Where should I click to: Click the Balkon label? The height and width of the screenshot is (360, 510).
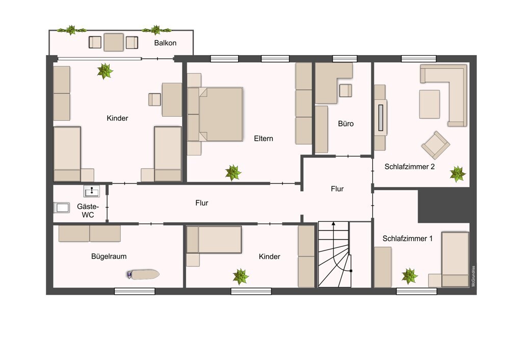(x=165, y=43)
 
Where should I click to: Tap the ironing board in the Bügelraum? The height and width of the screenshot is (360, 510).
(x=143, y=274)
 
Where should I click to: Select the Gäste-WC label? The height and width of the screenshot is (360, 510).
(x=88, y=211)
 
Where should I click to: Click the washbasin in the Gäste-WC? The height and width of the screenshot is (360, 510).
(x=92, y=191)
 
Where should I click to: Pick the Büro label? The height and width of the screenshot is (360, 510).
(x=346, y=123)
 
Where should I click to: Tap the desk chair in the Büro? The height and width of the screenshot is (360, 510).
(x=345, y=91)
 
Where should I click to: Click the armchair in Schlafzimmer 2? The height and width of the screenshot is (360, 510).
(x=436, y=145)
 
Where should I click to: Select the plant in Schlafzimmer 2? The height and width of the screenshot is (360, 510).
(x=457, y=174)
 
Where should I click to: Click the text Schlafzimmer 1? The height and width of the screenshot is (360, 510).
(x=407, y=239)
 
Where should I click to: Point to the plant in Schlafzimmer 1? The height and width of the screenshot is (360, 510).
(x=410, y=276)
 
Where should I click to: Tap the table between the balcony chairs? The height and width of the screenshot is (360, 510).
(x=114, y=42)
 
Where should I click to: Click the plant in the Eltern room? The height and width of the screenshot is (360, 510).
(x=233, y=173)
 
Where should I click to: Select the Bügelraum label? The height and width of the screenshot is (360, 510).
(x=109, y=256)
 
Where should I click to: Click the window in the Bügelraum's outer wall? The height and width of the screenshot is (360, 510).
(x=135, y=291)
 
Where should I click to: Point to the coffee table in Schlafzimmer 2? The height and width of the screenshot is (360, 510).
(x=429, y=104)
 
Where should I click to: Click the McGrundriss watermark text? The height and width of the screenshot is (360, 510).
(x=473, y=276)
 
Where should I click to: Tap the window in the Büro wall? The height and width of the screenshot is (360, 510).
(x=345, y=59)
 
